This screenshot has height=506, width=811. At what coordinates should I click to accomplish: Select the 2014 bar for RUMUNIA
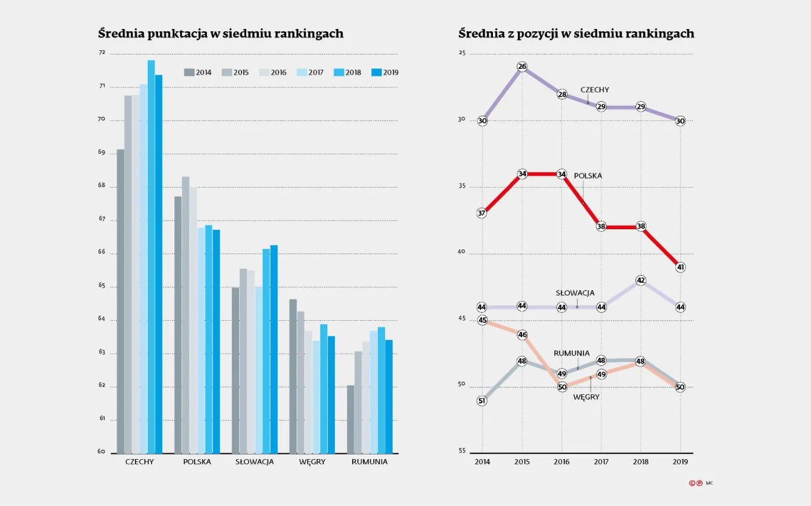(x=350, y=419)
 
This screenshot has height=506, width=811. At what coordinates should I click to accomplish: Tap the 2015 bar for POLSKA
(x=185, y=315)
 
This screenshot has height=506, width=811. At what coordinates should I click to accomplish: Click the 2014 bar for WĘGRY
(x=293, y=376)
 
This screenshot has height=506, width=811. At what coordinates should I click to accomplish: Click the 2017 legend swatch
(x=301, y=72)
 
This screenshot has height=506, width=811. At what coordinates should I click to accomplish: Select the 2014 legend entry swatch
(x=189, y=72)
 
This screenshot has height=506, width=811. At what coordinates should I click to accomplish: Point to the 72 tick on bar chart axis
(x=103, y=53)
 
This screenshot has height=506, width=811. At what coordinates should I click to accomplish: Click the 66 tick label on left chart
(x=103, y=252)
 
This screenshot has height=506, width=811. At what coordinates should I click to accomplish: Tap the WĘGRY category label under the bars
(x=312, y=462)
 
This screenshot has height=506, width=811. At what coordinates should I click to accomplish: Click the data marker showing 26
(x=522, y=67)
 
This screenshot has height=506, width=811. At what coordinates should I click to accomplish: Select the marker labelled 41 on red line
(x=681, y=267)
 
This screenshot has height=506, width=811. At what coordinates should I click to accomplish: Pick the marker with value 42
(x=641, y=280)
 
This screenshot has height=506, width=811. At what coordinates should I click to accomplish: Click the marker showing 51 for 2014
(x=482, y=401)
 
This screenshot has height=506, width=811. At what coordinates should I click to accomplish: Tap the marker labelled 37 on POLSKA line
(x=482, y=213)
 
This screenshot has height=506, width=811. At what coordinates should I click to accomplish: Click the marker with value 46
(x=523, y=335)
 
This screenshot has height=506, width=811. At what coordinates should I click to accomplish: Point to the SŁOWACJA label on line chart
(x=575, y=293)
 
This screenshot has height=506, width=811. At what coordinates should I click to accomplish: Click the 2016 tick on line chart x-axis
(x=561, y=462)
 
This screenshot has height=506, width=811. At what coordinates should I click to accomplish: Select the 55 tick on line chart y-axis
(x=462, y=451)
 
